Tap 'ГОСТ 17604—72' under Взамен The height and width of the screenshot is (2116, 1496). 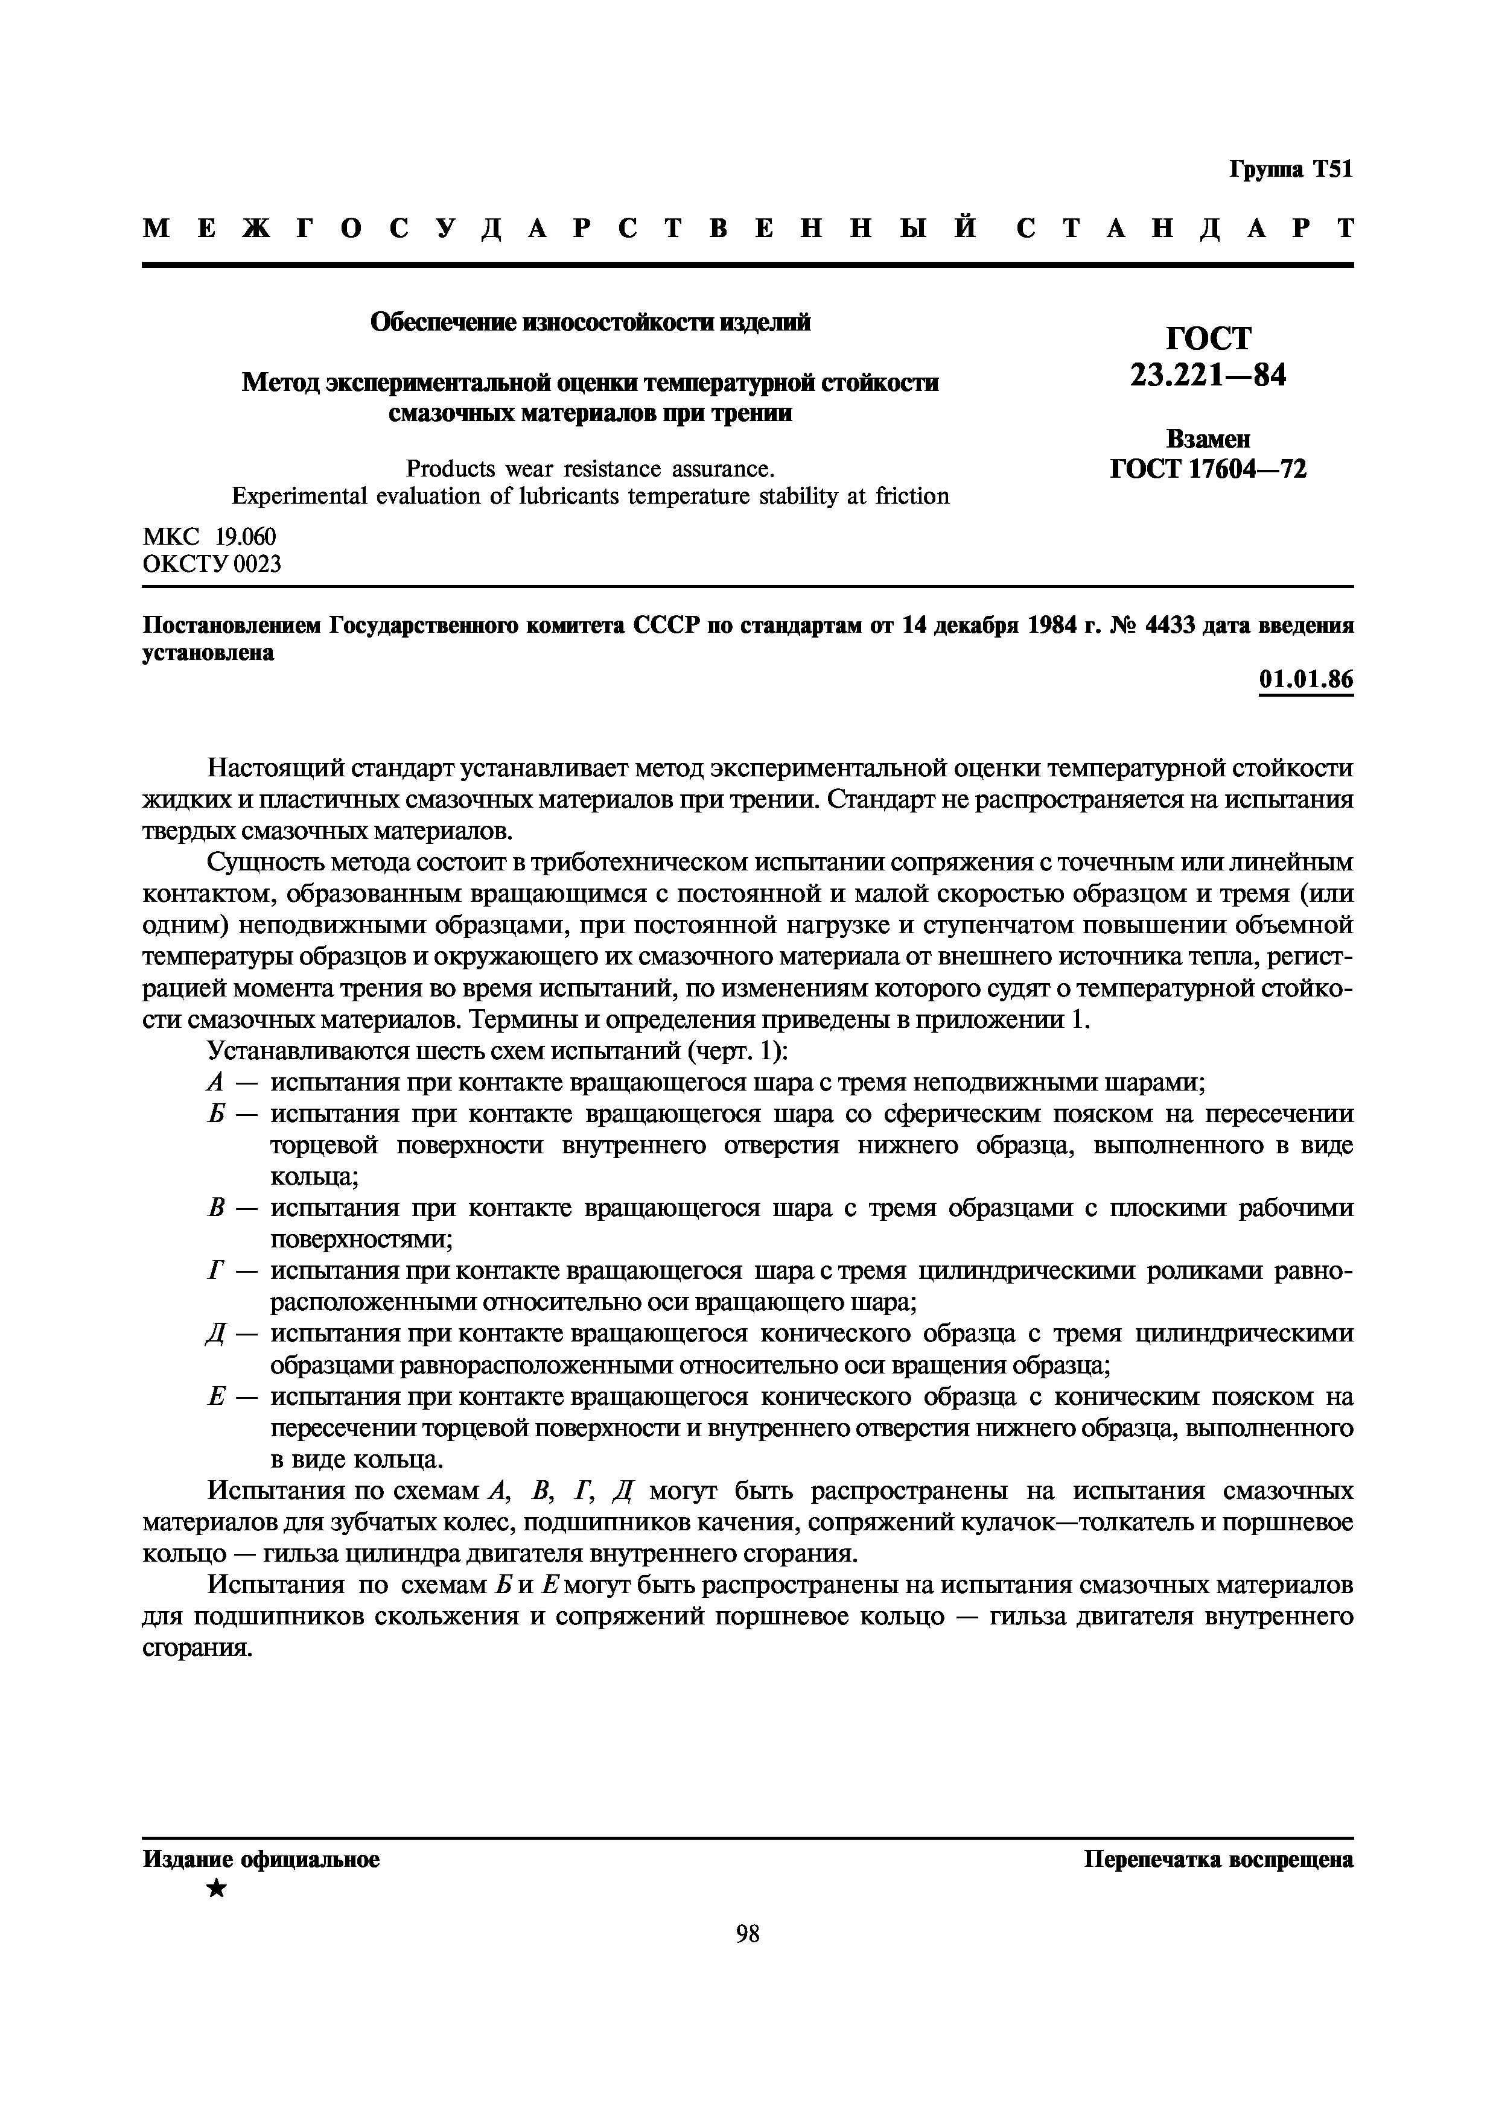tap(1208, 469)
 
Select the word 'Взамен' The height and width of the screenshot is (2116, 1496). tap(1208, 439)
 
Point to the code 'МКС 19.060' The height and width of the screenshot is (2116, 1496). tap(209, 536)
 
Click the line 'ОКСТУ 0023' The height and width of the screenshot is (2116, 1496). tap(212, 563)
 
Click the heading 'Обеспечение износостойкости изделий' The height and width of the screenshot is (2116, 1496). tap(590, 323)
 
